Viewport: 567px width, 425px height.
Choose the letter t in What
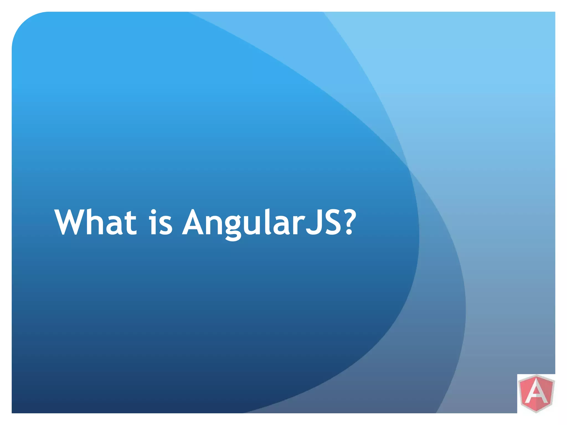130,223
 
